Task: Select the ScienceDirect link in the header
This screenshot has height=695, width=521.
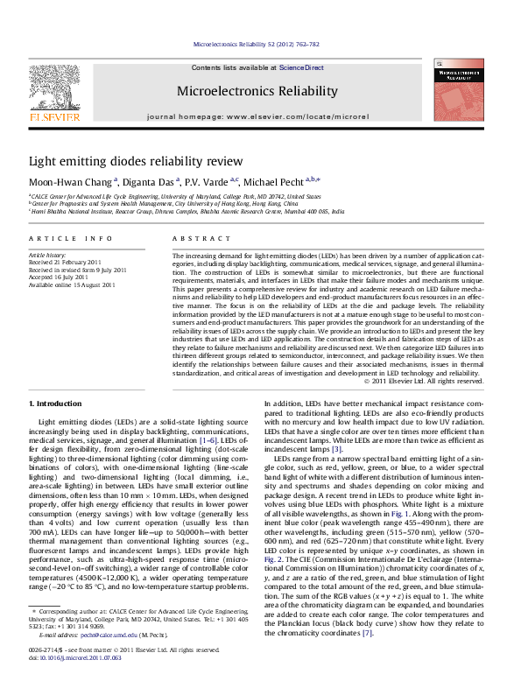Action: coord(301,67)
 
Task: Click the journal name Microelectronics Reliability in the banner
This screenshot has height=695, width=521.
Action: coord(257,91)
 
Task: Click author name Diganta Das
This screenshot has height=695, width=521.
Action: coord(145,181)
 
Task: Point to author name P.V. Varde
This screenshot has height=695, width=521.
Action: coord(207,181)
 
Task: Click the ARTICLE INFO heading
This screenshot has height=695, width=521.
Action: coord(70,238)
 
